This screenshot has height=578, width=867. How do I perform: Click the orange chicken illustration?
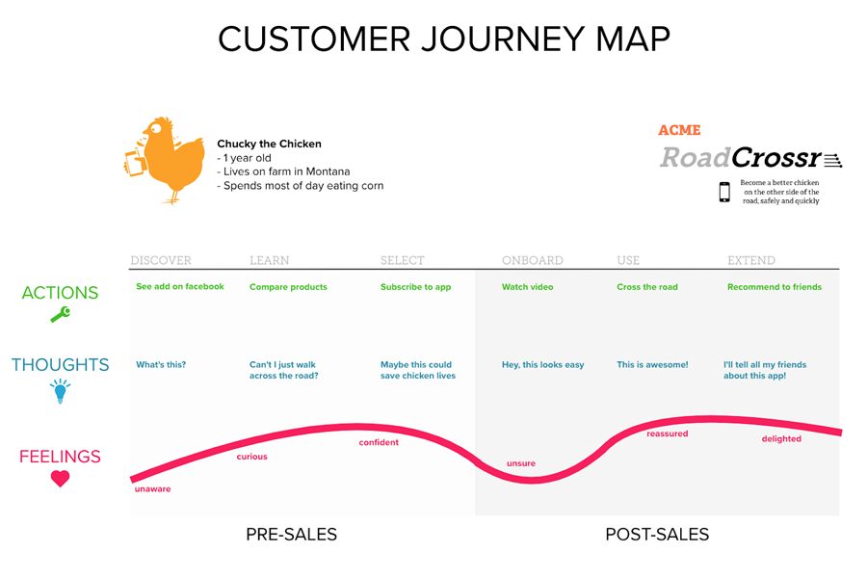tap(166, 161)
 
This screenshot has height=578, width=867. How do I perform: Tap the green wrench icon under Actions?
tap(61, 314)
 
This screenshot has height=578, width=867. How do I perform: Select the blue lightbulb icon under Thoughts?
tap(61, 391)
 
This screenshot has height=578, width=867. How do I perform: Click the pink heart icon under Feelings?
tap(61, 479)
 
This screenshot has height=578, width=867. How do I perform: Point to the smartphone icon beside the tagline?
tap(724, 192)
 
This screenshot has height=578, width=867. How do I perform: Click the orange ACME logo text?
tap(679, 130)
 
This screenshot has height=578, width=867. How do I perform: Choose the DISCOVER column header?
tap(161, 260)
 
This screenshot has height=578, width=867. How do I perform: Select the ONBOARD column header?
tap(533, 260)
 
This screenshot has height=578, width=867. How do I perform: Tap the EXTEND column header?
tap(750, 260)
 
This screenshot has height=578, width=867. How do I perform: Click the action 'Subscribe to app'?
tap(415, 287)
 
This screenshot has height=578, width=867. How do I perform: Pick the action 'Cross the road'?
tap(647, 287)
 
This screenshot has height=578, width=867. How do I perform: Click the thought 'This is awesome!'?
tap(652, 364)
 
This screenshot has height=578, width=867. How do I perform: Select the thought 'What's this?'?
tap(161, 364)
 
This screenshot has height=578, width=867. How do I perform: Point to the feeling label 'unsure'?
tap(521, 463)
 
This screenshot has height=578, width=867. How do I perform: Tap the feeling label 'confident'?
tap(379, 442)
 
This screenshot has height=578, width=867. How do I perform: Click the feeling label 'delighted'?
tap(781, 438)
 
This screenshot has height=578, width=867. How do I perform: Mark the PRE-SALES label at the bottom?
tap(291, 535)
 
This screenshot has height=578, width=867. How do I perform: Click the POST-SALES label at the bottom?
tap(657, 535)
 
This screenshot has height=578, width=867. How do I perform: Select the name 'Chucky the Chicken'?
tap(269, 144)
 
